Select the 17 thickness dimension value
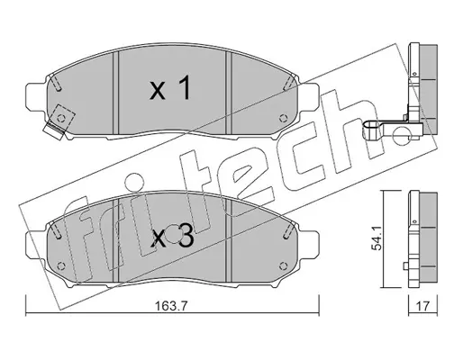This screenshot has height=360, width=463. tap(422, 306)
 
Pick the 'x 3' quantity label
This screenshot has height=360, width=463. tap(172, 238)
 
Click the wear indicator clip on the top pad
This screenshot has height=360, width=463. tap(54, 130)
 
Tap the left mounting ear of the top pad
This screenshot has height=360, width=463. tap(37, 96)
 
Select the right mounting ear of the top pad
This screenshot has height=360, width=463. tap(308, 96)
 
